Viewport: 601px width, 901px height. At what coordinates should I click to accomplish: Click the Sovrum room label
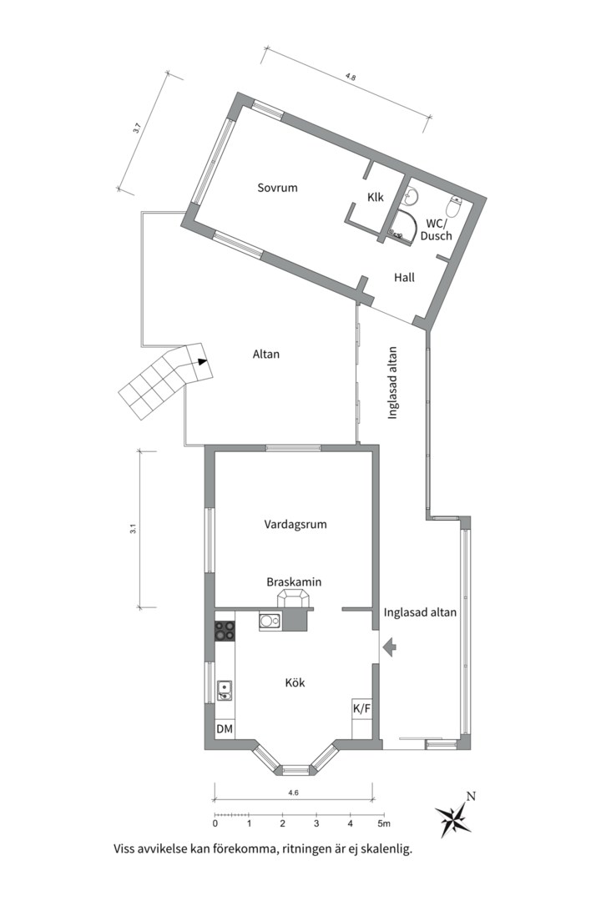[x=277, y=188]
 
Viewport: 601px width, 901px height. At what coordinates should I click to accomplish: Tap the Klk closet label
[x=375, y=198]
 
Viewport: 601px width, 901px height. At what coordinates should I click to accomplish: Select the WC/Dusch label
[x=437, y=229]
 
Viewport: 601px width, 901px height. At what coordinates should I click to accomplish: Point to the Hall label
[x=405, y=278]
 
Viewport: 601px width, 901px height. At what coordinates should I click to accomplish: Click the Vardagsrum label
[x=295, y=525]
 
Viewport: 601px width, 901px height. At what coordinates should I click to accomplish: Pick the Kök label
[x=295, y=682]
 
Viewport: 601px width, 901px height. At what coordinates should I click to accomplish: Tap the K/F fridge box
[x=362, y=709]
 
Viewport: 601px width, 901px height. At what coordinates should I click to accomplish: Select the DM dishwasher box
[x=225, y=729]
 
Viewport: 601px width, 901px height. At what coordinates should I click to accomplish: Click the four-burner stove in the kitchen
[x=225, y=631]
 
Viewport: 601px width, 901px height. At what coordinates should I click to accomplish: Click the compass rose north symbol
[x=455, y=816]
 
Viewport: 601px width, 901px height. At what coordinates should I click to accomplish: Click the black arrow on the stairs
[x=201, y=362]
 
